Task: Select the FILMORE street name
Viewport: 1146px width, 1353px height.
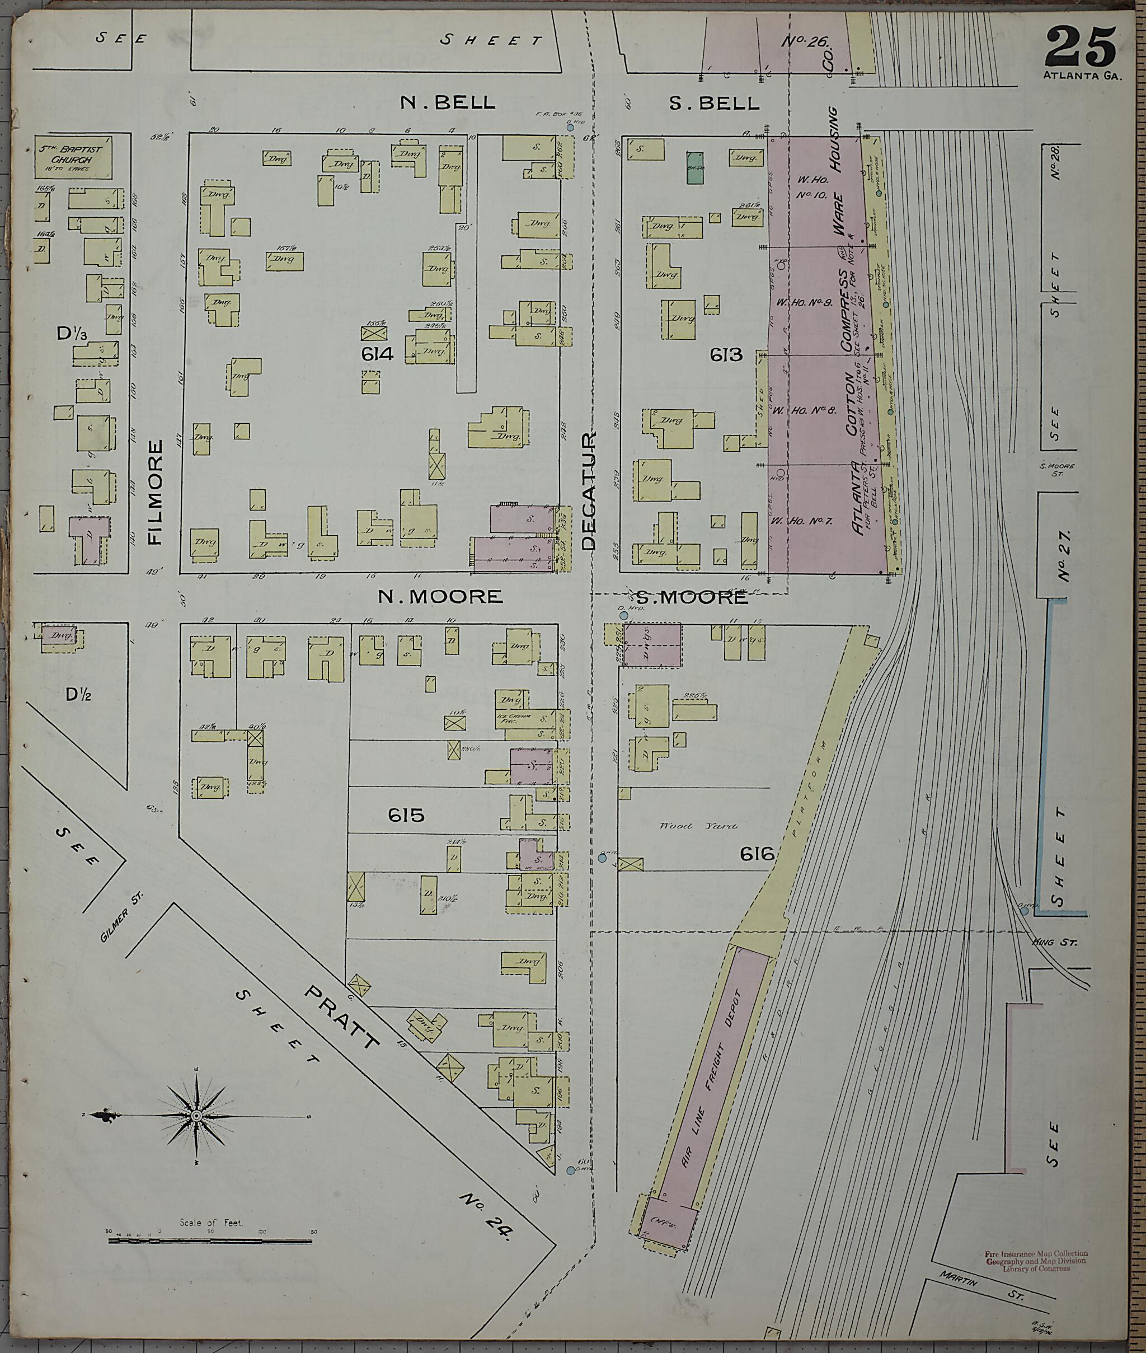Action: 157,492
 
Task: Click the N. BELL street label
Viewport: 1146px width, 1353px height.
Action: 448,102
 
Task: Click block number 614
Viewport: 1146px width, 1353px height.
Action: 379,354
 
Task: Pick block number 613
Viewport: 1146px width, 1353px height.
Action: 726,355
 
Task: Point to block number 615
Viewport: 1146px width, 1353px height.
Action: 406,815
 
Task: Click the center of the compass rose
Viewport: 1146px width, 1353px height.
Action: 195,1115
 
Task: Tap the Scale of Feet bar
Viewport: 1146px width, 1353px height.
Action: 211,1241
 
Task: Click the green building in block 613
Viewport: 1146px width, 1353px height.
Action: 694,163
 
